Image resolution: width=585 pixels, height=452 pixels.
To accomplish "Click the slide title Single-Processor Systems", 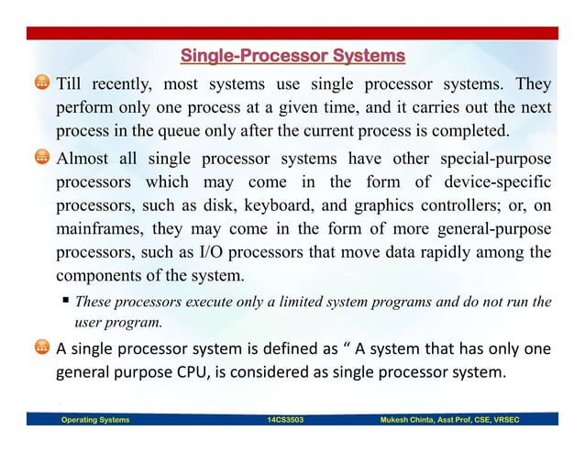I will click(x=292, y=58).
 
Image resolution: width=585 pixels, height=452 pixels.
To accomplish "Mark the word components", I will click(x=102, y=274).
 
